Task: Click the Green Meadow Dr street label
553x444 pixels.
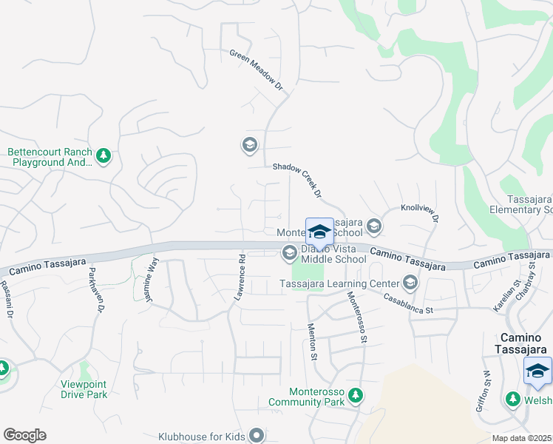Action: [x=257, y=71]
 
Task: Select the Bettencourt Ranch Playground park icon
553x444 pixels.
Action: [x=104, y=155]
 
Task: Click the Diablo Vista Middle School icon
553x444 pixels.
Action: [x=288, y=253]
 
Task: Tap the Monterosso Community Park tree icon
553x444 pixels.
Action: [x=356, y=395]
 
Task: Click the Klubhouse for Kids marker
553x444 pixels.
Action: [x=257, y=435]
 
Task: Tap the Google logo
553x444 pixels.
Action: [x=24, y=435]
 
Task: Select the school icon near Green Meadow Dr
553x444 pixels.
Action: [x=249, y=144]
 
